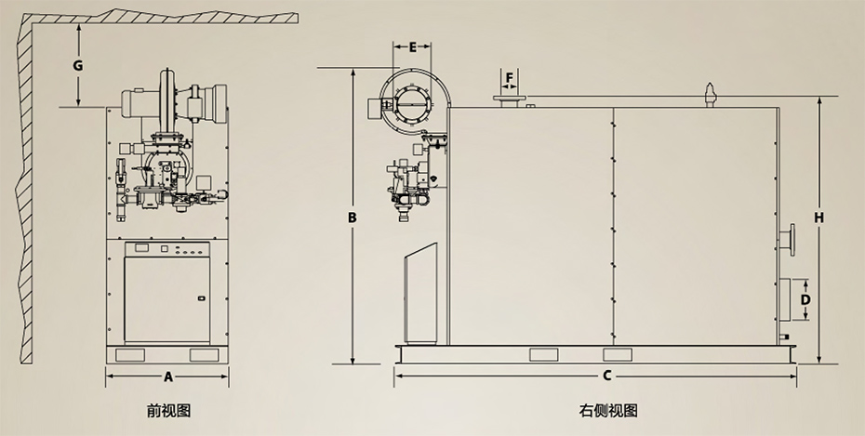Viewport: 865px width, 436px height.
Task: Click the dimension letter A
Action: tap(167, 377)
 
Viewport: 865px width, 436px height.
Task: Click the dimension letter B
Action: tap(353, 218)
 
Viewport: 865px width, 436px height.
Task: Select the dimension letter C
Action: tap(605, 377)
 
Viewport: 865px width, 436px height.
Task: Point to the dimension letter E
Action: tap(412, 46)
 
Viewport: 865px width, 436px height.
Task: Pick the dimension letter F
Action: tap(509, 77)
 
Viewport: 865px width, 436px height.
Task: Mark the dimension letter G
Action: tap(78, 65)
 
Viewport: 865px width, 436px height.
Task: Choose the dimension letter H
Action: tap(818, 218)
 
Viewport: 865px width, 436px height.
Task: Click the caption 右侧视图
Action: tap(608, 410)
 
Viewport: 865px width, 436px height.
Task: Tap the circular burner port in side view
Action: tap(409, 99)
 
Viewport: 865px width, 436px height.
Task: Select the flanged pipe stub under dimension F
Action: tap(508, 99)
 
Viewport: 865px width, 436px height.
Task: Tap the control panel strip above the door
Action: tap(167, 249)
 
